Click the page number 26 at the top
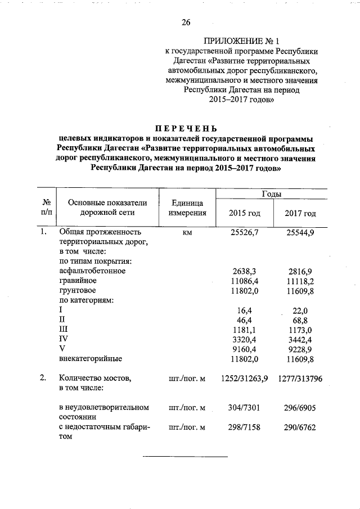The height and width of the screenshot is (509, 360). pos(186,23)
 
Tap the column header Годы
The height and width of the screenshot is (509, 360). pos(272,193)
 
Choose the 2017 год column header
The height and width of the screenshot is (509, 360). pos(300,213)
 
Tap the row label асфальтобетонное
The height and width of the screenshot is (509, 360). pos(92,271)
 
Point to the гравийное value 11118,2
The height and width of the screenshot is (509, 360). pos(300,280)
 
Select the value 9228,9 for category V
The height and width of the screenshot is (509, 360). pos(300,348)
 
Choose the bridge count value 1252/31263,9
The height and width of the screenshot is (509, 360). pos(244,379)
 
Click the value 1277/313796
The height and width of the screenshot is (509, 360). pos(300,379)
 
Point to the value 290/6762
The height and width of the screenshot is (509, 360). pos(300,427)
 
